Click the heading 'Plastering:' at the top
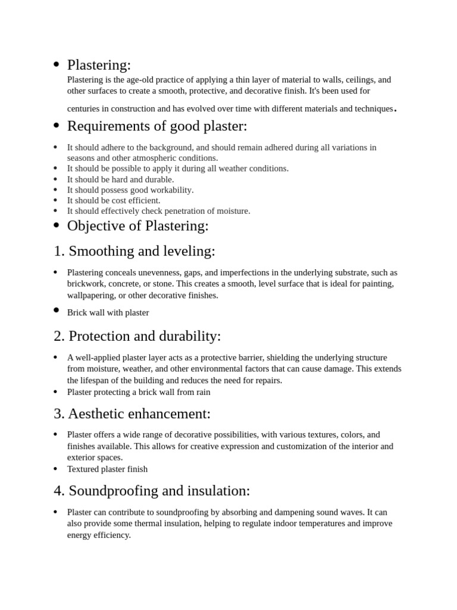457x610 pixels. pyautogui.click(x=99, y=65)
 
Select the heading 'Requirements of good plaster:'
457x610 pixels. pyautogui.click(x=156, y=126)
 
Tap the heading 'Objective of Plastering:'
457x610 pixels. pyautogui.click(x=137, y=226)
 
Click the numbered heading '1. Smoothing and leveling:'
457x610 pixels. pyautogui.click(x=134, y=251)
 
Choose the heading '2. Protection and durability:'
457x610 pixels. pyautogui.click(x=137, y=336)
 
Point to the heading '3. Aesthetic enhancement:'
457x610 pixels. pyautogui.click(x=132, y=413)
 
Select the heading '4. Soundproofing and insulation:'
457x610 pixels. pyautogui.click(x=152, y=491)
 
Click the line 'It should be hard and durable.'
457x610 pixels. pyautogui.click(x=120, y=179)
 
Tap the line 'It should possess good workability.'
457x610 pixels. pyautogui.click(x=130, y=190)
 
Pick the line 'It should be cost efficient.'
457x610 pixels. pyautogui.click(x=114, y=201)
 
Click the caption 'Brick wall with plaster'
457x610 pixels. pyautogui.click(x=108, y=312)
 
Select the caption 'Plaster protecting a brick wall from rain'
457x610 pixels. pyautogui.click(x=139, y=392)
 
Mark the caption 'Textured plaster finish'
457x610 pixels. pyautogui.click(x=107, y=469)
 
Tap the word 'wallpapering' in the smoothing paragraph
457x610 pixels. pyautogui.click(x=91, y=295)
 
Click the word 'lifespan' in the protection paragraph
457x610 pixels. pyautogui.click(x=99, y=380)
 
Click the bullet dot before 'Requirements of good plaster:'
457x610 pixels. pyautogui.click(x=56, y=126)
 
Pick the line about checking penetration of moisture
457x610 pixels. pyautogui.click(x=158, y=211)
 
